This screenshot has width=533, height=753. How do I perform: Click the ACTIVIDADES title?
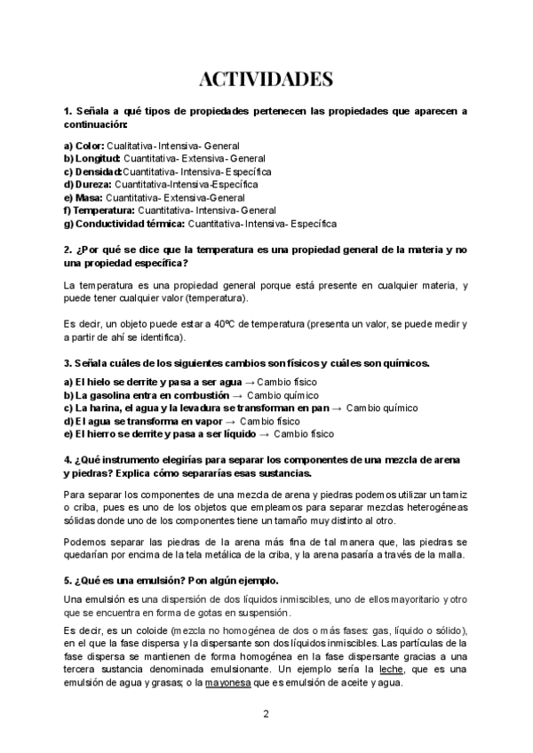coord(266,80)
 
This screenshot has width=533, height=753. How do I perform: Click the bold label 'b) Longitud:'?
coord(92,158)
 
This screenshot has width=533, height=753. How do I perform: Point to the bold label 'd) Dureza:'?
coord(88,185)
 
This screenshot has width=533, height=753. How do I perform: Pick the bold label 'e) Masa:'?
coord(84,197)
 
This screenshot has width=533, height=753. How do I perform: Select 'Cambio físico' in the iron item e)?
coord(304,434)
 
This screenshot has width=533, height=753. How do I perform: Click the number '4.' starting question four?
coord(68,460)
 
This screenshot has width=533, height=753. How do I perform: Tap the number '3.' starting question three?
coord(68,363)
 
